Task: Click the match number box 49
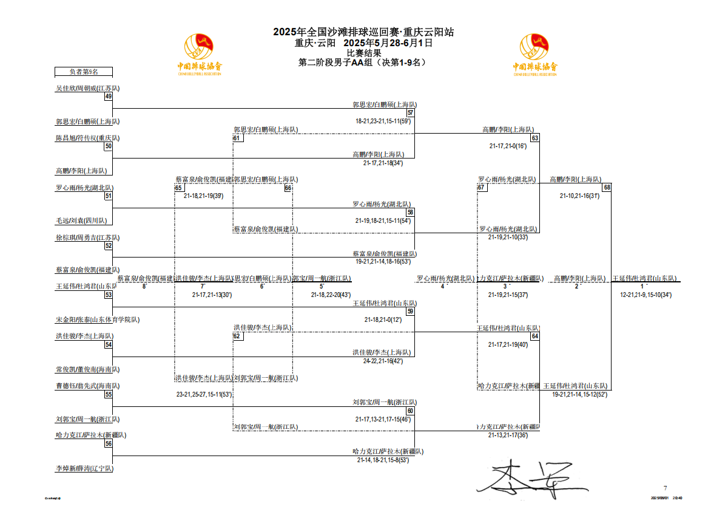109,96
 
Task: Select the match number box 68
607,187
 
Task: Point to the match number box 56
109,443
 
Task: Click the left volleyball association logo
200,55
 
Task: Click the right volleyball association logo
535,55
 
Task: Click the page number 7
665,488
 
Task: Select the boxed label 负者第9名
84,71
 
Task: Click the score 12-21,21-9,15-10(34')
645,295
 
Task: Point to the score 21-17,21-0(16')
508,146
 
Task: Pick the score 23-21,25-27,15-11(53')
204,394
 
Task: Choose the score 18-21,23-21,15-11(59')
383,121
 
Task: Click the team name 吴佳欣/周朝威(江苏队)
87,88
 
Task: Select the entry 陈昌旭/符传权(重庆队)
87,138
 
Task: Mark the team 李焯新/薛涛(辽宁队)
84,468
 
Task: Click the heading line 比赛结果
364,52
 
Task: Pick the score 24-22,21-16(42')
383,361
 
